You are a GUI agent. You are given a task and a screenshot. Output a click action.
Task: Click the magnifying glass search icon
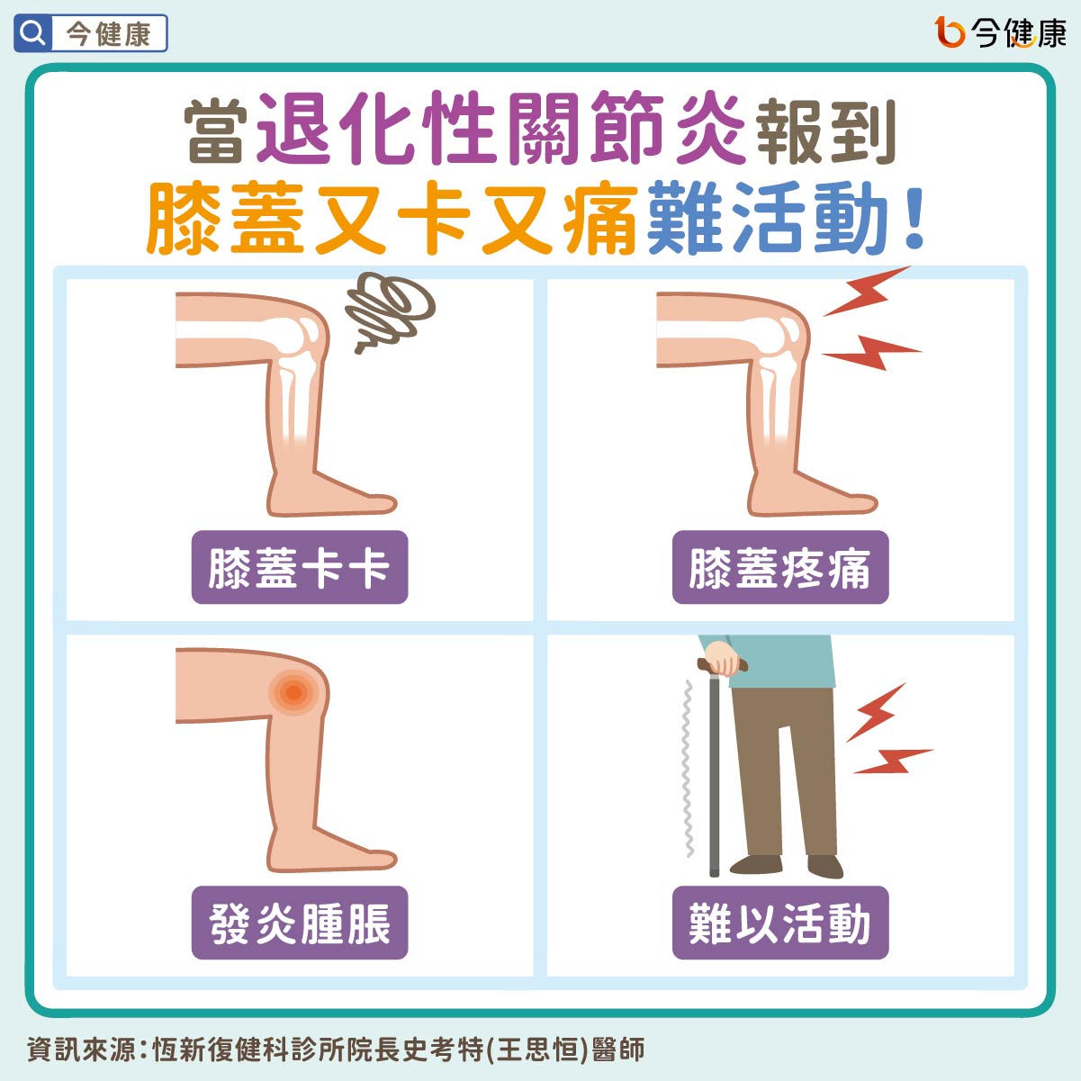tap(32, 34)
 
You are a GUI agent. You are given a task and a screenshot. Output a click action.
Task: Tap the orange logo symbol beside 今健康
tap(950, 32)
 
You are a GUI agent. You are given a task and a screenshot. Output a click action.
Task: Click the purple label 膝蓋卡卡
tap(300, 568)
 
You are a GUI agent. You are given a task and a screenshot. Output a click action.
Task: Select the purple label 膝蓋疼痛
tap(779, 568)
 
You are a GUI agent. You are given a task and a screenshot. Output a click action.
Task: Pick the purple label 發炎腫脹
tap(300, 923)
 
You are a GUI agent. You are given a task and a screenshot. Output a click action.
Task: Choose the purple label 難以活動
tap(779, 923)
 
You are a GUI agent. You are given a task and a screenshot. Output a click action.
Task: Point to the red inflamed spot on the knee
tap(293, 692)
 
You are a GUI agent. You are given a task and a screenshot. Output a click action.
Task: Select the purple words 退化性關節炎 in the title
tap(501, 130)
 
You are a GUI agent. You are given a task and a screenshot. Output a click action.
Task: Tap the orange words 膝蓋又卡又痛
tap(392, 219)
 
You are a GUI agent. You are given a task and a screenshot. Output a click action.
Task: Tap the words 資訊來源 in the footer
tap(80, 1049)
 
